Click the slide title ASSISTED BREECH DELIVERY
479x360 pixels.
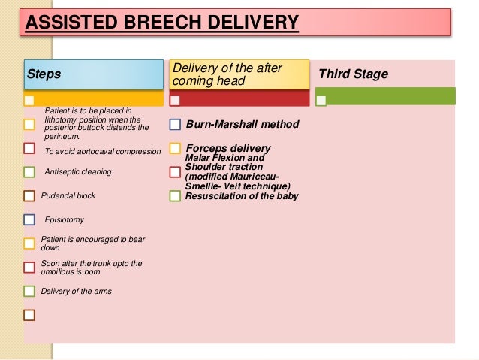(x=161, y=22)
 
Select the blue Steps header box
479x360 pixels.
(x=93, y=74)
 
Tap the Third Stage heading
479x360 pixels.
(x=354, y=74)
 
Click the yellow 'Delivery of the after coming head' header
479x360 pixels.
(x=239, y=74)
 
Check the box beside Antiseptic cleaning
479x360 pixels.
(x=29, y=172)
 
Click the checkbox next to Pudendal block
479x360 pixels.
(x=29, y=196)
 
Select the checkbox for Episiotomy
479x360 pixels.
(x=29, y=220)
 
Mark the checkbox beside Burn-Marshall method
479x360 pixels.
(x=175, y=124)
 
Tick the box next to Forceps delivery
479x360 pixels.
(x=175, y=148)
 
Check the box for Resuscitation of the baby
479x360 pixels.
(x=175, y=196)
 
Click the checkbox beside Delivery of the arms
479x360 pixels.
(x=29, y=291)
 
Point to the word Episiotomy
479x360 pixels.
(x=65, y=220)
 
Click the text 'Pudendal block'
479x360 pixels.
(x=68, y=196)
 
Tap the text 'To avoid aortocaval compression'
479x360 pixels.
(x=103, y=152)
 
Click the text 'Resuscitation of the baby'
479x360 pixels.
(x=242, y=196)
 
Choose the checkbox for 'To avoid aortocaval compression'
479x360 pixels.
(x=29, y=148)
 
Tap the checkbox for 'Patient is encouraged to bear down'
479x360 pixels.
(x=29, y=243)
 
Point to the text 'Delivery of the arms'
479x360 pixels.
(x=76, y=291)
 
